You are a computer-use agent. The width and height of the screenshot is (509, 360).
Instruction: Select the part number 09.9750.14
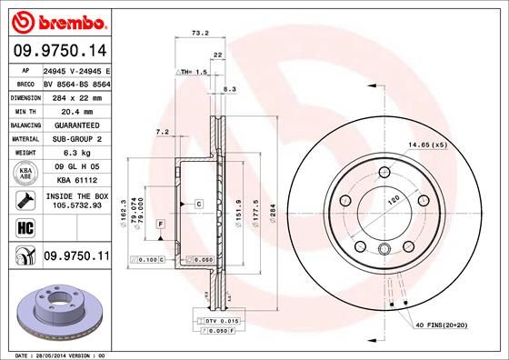tap(56, 52)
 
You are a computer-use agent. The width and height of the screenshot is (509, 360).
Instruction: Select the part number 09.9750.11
tap(76, 257)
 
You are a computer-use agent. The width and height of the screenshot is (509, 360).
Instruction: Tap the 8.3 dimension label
tap(229, 89)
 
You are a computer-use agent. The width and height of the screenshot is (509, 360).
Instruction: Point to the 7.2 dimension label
tap(164, 133)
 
